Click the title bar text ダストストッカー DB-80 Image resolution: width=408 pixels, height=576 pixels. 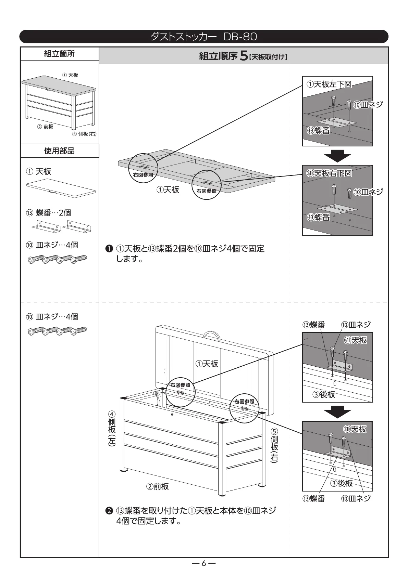coord(203,37)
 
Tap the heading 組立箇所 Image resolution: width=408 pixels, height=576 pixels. coord(59,54)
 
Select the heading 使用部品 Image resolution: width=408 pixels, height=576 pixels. coord(59,151)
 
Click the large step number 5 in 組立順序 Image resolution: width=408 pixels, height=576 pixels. coord(243,56)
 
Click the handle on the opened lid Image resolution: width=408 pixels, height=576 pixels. coord(211,335)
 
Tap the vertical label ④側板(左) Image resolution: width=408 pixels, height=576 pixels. coord(112,428)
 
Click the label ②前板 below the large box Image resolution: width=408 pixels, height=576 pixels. coord(157,486)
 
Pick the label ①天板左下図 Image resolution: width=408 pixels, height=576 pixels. coord(329,84)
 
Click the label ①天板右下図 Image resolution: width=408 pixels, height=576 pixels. coord(329,173)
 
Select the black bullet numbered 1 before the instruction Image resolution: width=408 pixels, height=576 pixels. coord(109,249)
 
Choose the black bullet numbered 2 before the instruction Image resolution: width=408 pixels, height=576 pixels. coord(109,511)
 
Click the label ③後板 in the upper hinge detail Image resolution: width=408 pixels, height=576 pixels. coord(323,395)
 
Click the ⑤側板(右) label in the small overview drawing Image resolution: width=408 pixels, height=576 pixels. coord(84,134)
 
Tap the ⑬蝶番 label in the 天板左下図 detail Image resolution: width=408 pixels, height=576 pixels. coord(319,130)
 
